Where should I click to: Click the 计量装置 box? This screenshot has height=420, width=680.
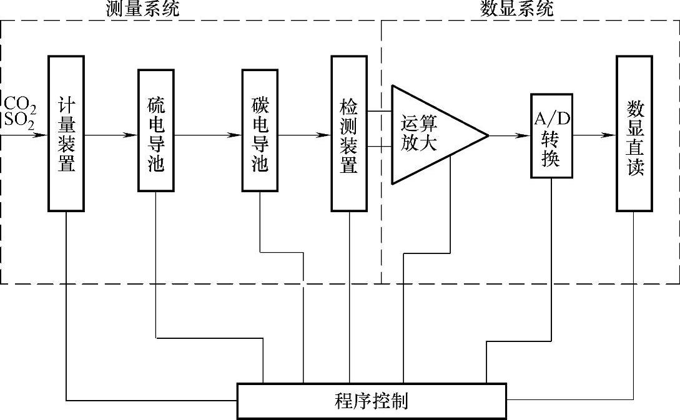coord(66,134)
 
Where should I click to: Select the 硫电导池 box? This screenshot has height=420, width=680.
coord(155,129)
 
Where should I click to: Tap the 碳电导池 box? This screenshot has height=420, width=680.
coord(259,129)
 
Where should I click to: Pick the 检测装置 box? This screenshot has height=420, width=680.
coord(348,134)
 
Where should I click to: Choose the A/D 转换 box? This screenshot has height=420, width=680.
coord(551,135)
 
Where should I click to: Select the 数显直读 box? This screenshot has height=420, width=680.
coord(634,134)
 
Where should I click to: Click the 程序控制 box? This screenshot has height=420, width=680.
coord(372,401)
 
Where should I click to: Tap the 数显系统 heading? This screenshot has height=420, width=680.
coord(516,8)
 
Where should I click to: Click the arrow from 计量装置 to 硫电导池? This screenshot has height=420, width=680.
coord(111,135)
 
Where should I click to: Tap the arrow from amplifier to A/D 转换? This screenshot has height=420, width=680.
coord(510,135)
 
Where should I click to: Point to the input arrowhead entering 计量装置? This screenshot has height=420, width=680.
coord(42,135)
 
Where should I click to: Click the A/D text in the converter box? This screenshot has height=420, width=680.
coord(551,119)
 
